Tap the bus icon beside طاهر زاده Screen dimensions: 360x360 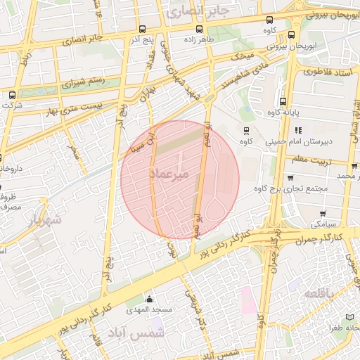[199, 29]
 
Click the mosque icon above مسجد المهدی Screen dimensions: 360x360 [148, 299]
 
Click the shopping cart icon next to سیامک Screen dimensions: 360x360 [323, 213]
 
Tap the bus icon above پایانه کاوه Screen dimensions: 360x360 [283, 101]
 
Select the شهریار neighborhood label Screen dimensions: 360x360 [44, 219]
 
